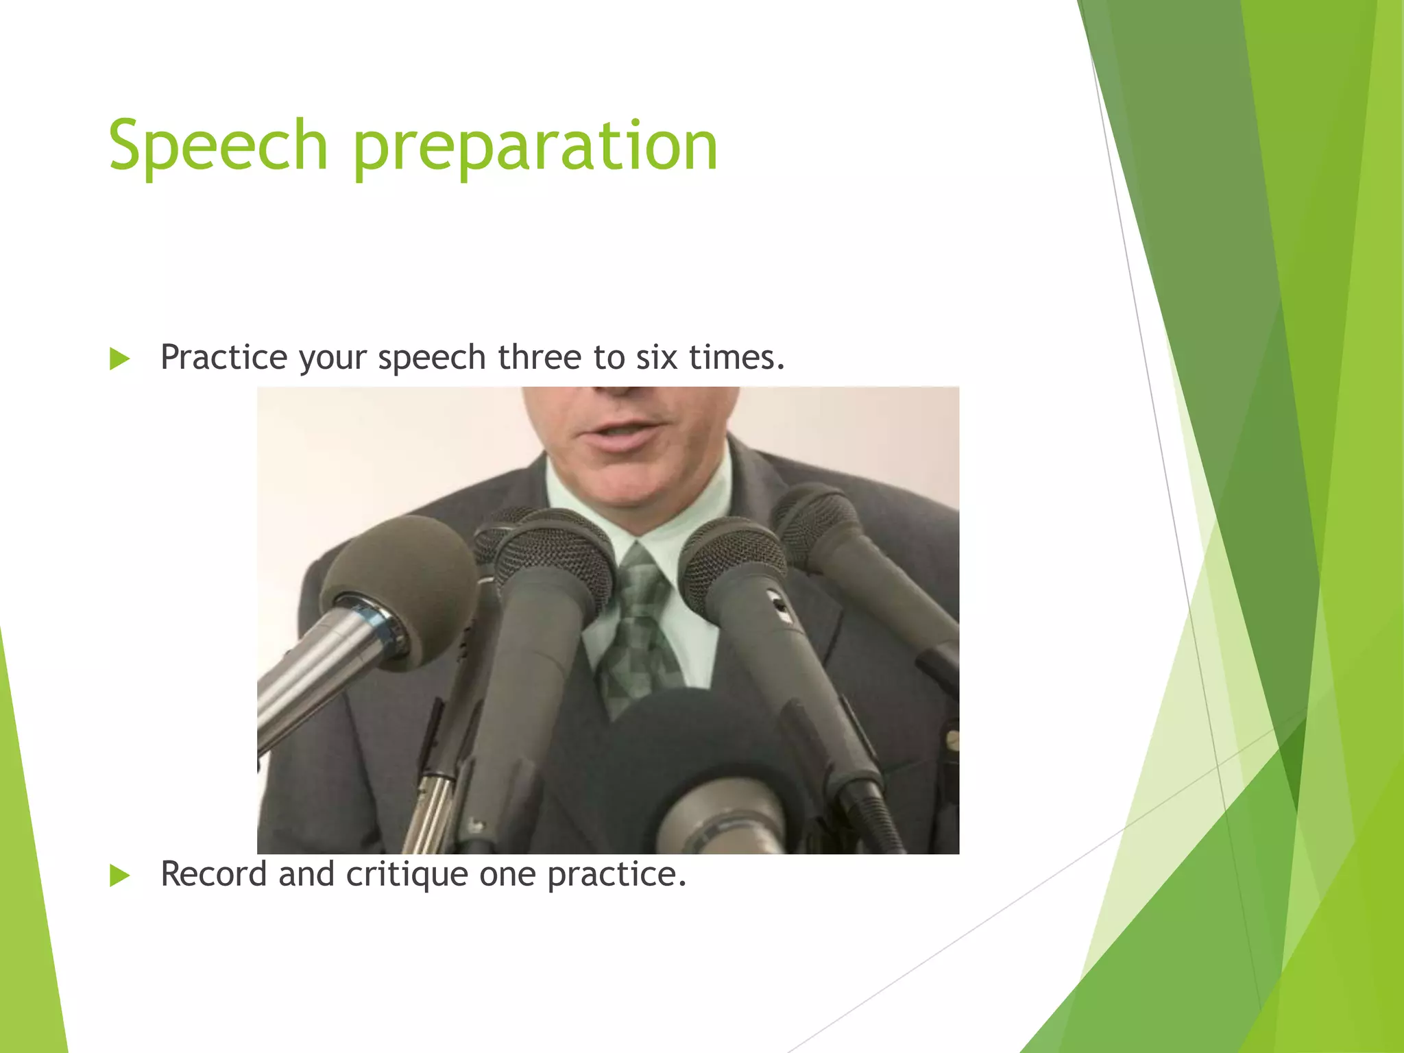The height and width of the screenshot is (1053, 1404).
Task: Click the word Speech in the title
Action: coord(218,145)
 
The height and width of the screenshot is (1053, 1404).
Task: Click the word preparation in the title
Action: coord(535,147)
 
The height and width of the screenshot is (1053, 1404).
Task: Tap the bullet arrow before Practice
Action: coord(119,359)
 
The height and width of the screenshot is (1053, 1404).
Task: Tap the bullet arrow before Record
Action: coord(119,875)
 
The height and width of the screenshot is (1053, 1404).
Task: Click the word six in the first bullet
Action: coord(657,357)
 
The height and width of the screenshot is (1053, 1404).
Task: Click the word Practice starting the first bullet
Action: coord(223,357)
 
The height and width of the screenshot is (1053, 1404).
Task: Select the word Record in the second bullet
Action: coord(213,874)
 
